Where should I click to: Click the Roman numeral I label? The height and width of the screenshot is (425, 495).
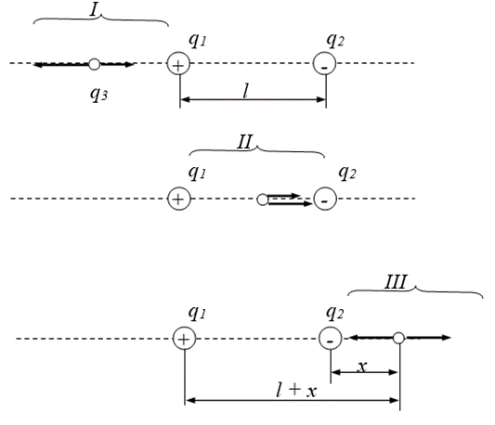coord(95,10)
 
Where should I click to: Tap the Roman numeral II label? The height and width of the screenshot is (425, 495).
coord(244,142)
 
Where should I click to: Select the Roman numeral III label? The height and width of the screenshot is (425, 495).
coord(396,282)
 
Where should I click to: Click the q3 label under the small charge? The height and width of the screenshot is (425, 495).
coord(98,95)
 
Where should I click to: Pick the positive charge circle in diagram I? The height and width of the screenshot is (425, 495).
coord(178,63)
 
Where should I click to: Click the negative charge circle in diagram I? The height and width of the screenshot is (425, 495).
coord(324,63)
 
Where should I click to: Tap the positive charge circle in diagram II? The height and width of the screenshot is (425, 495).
coord(179,199)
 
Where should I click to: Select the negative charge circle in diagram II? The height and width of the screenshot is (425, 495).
coord(325,199)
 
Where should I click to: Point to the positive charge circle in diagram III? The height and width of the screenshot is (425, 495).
coord(185,339)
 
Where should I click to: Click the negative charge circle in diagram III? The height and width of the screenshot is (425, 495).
coord(331,339)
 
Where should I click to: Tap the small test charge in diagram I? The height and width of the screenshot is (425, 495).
coord(94,64)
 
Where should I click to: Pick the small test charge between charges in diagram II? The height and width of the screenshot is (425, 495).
coord(262,200)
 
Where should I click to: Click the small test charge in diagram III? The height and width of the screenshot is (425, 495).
coord(398,338)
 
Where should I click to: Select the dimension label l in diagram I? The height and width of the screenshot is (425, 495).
coord(246,91)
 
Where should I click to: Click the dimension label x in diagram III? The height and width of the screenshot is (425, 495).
coord(362,367)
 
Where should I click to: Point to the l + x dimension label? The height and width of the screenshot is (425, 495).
coord(296,390)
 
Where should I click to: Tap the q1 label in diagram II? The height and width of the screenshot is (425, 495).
coord(197,173)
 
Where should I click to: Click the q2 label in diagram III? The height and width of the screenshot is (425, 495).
coord(334,313)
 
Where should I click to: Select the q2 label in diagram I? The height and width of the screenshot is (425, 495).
coord(335,40)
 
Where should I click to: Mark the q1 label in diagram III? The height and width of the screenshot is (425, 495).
coord(197,313)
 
